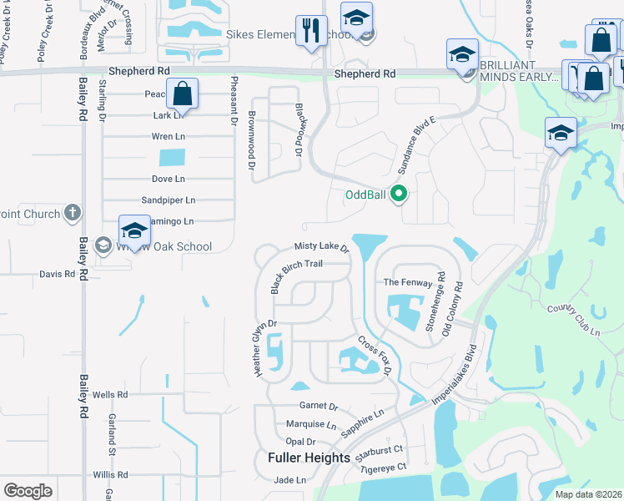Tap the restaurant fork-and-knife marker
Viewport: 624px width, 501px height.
pyautogui.click(x=311, y=32)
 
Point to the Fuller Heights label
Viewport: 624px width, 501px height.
pyautogui.click(x=309, y=458)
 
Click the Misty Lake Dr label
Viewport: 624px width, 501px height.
pyautogui.click(x=321, y=247)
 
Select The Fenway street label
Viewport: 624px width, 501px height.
pyautogui.click(x=408, y=283)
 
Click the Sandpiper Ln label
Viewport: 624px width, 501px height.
pyautogui.click(x=168, y=200)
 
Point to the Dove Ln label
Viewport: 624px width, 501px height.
pyautogui.click(x=168, y=179)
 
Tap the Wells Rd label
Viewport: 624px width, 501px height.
pyautogui.click(x=110, y=394)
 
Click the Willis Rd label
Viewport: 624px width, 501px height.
pyautogui.click(x=110, y=474)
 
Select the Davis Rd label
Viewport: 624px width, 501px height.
pyautogui.click(x=58, y=274)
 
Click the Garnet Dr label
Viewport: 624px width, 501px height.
pyautogui.click(x=318, y=407)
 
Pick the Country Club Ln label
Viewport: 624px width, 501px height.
pyautogui.click(x=574, y=320)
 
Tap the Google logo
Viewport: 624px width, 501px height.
pyautogui.click(x=28, y=490)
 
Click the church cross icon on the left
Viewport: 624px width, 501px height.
pyautogui.click(x=73, y=214)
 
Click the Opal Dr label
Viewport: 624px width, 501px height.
pyautogui.click(x=300, y=441)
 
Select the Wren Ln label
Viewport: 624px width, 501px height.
pyautogui.click(x=168, y=136)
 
